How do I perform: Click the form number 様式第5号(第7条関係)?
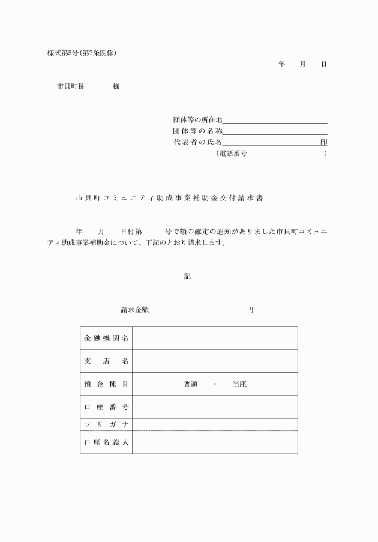click(x=82, y=53)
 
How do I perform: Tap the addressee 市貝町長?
click(x=70, y=86)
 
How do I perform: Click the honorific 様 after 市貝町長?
click(x=116, y=86)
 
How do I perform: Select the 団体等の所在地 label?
click(x=197, y=120)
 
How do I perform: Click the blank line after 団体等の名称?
click(x=275, y=131)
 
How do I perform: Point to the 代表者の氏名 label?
click(x=197, y=142)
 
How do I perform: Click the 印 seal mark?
click(x=323, y=142)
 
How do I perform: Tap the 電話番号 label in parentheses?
click(x=231, y=154)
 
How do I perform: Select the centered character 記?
click(x=187, y=276)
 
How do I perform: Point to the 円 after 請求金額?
click(x=250, y=310)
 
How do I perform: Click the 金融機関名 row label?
click(x=106, y=338)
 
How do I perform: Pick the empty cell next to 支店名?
click(x=215, y=361)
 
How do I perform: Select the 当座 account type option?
click(x=239, y=384)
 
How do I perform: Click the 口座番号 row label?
click(x=106, y=407)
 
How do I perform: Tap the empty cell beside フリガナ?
click(x=215, y=424)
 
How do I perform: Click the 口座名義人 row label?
click(x=106, y=442)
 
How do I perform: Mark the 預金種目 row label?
click(x=106, y=384)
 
